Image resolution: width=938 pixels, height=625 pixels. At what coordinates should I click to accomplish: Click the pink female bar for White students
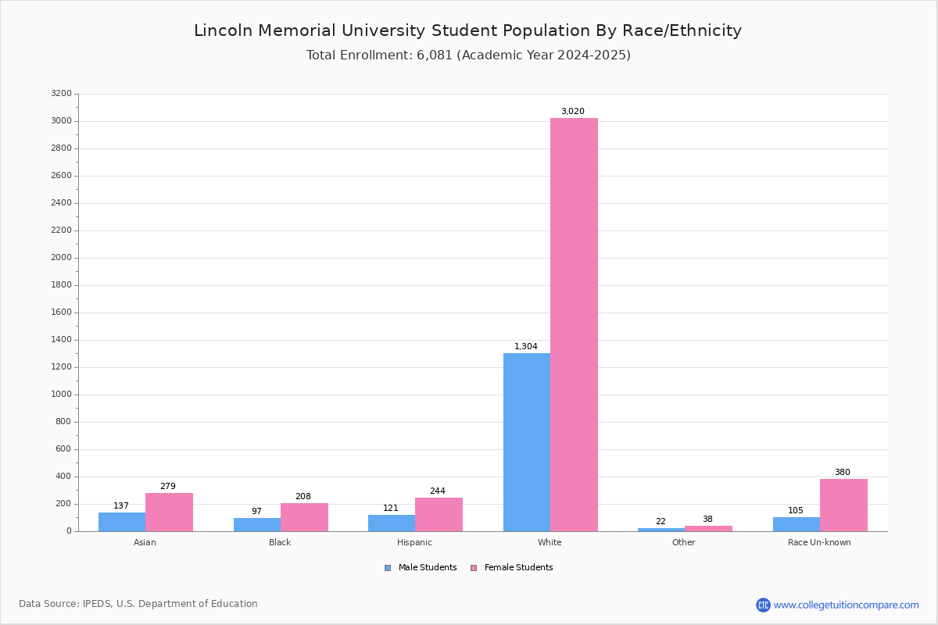pos(574,324)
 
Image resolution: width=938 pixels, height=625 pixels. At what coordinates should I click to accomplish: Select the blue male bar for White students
pos(527,442)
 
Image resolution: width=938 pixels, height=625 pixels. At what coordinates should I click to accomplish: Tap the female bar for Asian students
pos(169,512)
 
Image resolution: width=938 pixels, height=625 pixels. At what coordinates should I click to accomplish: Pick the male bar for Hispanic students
pos(392,523)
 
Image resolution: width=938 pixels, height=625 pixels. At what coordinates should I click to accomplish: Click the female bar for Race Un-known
pos(843,505)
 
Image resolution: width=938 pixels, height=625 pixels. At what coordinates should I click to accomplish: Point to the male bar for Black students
pos(257,525)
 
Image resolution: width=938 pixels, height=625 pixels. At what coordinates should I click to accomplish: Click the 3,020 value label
pos(573,112)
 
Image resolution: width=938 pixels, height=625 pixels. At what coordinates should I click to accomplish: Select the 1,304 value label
pos(526,347)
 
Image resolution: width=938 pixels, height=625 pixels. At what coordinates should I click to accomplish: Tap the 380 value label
pos(843,473)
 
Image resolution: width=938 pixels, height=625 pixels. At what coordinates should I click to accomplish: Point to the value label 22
pos(661,522)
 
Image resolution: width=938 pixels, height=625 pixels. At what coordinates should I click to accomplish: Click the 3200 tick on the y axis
pos(61,94)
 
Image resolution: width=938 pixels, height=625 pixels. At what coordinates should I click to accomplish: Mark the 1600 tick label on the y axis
pos(61,312)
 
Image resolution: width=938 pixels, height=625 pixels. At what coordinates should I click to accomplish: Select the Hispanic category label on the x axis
pos(414,542)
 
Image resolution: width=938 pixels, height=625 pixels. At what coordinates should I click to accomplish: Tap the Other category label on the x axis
pos(683,542)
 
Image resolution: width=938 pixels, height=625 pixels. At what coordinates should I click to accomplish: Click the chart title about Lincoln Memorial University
pos(467,31)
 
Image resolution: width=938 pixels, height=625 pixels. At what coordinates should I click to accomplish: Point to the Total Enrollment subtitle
pos(468,55)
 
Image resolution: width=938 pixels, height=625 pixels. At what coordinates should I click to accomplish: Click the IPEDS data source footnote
pos(138,604)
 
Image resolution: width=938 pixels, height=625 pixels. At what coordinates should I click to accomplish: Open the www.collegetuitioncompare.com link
pos(846,605)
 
